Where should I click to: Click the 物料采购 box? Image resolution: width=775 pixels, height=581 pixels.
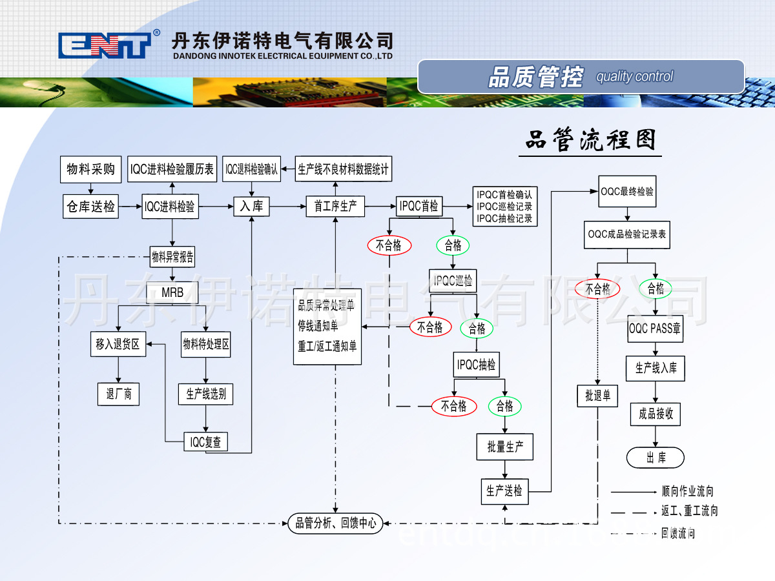pyautogui.click(x=90, y=169)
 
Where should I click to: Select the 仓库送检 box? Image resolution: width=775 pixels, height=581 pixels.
pyautogui.click(x=90, y=207)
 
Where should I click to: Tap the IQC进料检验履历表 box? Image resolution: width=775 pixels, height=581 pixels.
pyautogui.click(x=172, y=169)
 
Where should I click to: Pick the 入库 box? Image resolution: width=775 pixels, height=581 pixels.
pyautogui.click(x=251, y=207)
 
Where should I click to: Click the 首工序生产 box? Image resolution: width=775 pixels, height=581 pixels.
pyautogui.click(x=335, y=207)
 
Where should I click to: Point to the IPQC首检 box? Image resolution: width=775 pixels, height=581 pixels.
pyautogui.click(x=419, y=207)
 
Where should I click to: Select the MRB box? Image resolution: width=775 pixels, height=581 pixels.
pyautogui.click(x=172, y=292)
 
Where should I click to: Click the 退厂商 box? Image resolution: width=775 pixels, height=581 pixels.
pyautogui.click(x=119, y=394)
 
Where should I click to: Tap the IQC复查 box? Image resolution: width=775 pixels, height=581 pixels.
pyautogui.click(x=205, y=442)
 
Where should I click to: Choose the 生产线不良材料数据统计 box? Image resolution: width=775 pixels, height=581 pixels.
pyautogui.click(x=344, y=170)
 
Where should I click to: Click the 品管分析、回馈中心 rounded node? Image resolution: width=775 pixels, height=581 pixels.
pyautogui.click(x=335, y=523)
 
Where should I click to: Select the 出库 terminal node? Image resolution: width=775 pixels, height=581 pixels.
pyautogui.click(x=656, y=458)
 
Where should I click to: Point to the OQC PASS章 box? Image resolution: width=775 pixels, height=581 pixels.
pyautogui.click(x=655, y=329)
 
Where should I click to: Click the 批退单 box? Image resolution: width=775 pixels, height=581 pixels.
pyautogui.click(x=597, y=395)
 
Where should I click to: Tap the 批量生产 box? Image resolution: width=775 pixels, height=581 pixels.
pyautogui.click(x=505, y=447)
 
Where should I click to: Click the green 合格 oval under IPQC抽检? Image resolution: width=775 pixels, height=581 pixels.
pyautogui.click(x=504, y=406)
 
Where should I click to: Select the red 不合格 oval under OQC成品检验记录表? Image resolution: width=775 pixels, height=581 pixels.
pyautogui.click(x=597, y=289)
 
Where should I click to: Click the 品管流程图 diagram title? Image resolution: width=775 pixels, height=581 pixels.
pyautogui.click(x=590, y=140)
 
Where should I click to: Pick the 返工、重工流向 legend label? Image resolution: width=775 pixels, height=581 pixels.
pyautogui.click(x=689, y=511)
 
